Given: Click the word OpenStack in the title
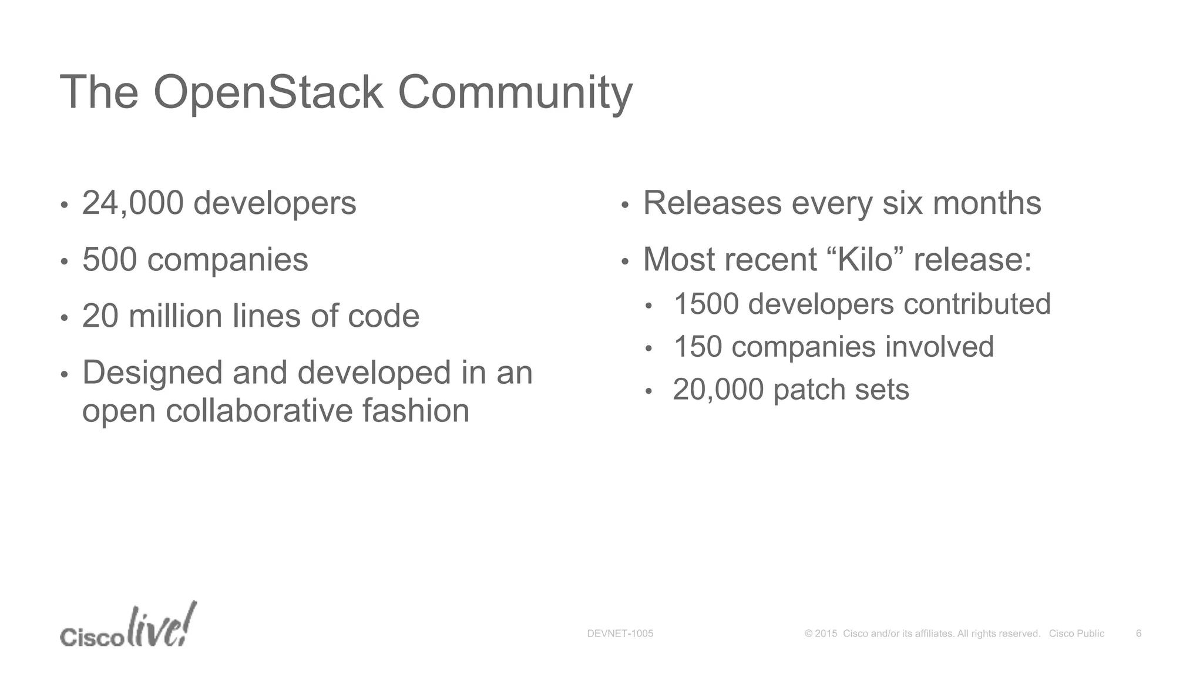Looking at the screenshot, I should coord(268,93).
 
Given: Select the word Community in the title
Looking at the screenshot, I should coord(515,93).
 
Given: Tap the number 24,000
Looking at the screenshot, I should coord(133,203).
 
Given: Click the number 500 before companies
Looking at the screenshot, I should coord(110,260).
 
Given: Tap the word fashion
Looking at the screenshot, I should coord(416,410).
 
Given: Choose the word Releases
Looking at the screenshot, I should coord(712,203).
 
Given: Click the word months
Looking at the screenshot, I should coord(987,203).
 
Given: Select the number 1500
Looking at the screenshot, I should coord(706,304).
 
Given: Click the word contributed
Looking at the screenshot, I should coord(977,304).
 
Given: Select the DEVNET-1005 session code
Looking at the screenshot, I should coord(620,634).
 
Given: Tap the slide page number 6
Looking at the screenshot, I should coord(1138,634).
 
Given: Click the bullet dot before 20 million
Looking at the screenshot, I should coord(64,319).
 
